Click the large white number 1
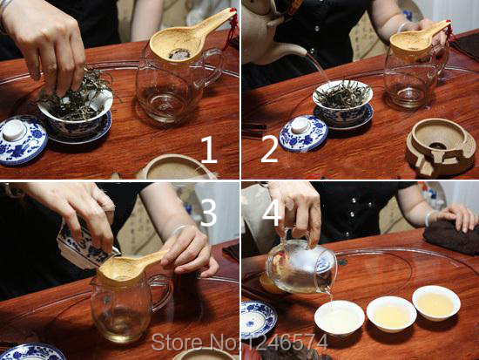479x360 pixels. point(209,150)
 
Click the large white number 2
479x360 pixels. point(270,149)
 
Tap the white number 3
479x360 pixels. point(208,213)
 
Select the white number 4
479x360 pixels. point(272,213)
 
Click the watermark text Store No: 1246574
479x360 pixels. point(239,342)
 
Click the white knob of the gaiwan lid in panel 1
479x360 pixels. point(14,131)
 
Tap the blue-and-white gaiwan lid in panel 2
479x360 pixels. point(303,133)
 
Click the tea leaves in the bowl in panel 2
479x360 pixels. point(342,94)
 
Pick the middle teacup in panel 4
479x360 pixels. point(392,314)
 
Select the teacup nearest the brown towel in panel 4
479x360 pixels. point(436,302)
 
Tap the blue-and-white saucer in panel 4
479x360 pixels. point(259,320)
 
